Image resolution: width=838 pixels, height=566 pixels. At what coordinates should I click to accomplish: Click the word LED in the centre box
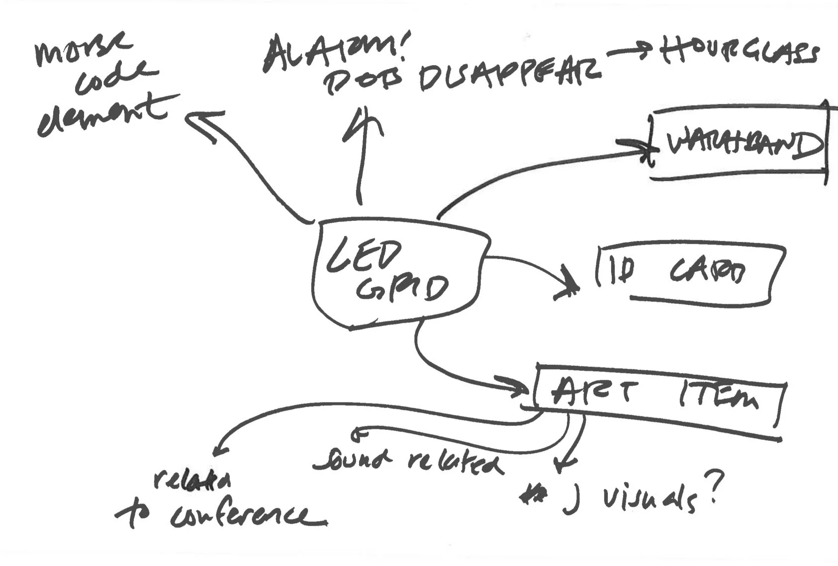pyautogui.click(x=363, y=255)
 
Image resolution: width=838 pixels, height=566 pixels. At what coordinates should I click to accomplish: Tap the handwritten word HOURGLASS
pyautogui.click(x=739, y=52)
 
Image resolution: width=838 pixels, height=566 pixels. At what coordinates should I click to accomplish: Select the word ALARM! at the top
pyautogui.click(x=333, y=52)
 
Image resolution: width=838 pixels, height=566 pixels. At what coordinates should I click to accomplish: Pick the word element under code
pyautogui.click(x=102, y=117)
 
